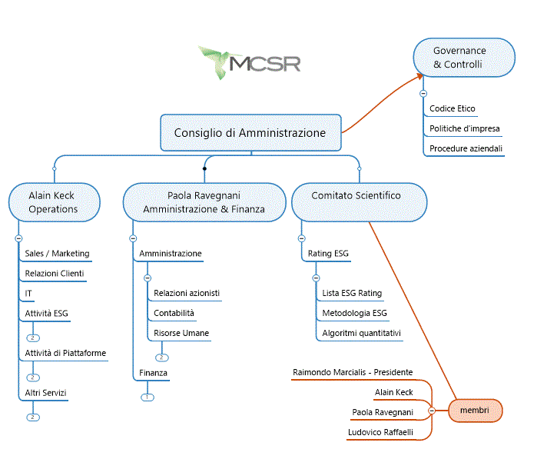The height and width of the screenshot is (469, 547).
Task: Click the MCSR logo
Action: tap(250, 63)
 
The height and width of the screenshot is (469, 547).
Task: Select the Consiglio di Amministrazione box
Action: tap(250, 133)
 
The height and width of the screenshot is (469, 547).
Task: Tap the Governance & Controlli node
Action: tap(464, 58)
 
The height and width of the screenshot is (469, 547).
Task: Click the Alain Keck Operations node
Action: tap(55, 202)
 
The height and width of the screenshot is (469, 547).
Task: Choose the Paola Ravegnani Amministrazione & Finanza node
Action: tap(204, 202)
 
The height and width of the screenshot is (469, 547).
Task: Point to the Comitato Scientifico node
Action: tap(360, 202)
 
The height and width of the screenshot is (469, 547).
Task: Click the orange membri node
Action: tap(475, 411)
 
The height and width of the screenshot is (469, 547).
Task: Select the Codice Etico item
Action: tap(452, 108)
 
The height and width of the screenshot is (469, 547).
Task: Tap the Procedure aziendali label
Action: tap(466, 148)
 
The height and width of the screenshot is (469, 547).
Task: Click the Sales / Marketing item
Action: tap(57, 254)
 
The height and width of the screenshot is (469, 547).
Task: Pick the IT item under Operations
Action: tap(28, 294)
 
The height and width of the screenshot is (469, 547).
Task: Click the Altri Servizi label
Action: tap(45, 393)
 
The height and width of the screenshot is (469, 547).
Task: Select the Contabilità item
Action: tap(174, 313)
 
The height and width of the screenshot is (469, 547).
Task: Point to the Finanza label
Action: tap(153, 373)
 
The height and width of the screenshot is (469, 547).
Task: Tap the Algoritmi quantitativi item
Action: tap(361, 333)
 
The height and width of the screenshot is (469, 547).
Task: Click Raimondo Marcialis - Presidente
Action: tap(353, 372)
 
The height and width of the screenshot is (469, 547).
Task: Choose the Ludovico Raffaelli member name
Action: tap(380, 432)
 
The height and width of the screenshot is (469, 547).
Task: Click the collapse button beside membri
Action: tap(432, 411)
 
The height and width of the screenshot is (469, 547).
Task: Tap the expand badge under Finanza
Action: tap(148, 397)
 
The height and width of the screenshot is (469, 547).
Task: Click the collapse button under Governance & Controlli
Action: tap(423, 94)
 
